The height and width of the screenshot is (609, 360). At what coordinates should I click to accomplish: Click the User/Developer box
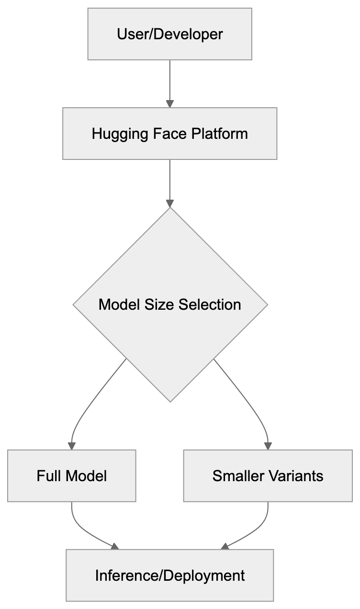click(169, 34)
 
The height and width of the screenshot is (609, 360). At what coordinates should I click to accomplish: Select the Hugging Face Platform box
click(169, 133)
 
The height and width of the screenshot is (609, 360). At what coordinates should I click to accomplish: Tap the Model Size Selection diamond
click(169, 304)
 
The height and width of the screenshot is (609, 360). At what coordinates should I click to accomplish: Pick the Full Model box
click(71, 475)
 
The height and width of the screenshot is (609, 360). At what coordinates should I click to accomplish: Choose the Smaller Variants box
click(268, 475)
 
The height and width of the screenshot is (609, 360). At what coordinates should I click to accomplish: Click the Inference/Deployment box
click(169, 575)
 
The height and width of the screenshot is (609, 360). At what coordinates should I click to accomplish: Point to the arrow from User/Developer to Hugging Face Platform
click(169, 81)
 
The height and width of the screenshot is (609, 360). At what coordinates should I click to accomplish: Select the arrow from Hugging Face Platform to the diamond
click(169, 182)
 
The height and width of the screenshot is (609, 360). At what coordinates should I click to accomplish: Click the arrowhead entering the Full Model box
click(72, 445)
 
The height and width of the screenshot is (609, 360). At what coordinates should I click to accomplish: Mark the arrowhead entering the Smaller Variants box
click(268, 445)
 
